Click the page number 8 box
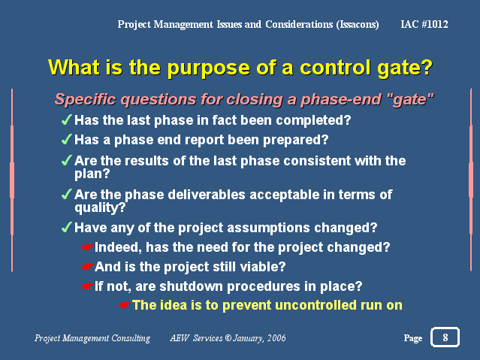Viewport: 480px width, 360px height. pos(445,337)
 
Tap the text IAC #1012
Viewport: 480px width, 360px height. pos(424,24)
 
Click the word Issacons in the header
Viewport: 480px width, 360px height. pos(358,25)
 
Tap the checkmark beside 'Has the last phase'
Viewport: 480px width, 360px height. pos(67,119)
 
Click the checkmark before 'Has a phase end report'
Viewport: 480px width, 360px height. pos(67,139)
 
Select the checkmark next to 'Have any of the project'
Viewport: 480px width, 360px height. pos(67,227)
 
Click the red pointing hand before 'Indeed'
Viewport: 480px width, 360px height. pos(88,247)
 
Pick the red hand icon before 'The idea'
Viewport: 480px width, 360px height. pos(125,305)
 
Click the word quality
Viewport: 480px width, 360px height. pos(100,208)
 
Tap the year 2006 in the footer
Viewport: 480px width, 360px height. pos(276,338)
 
